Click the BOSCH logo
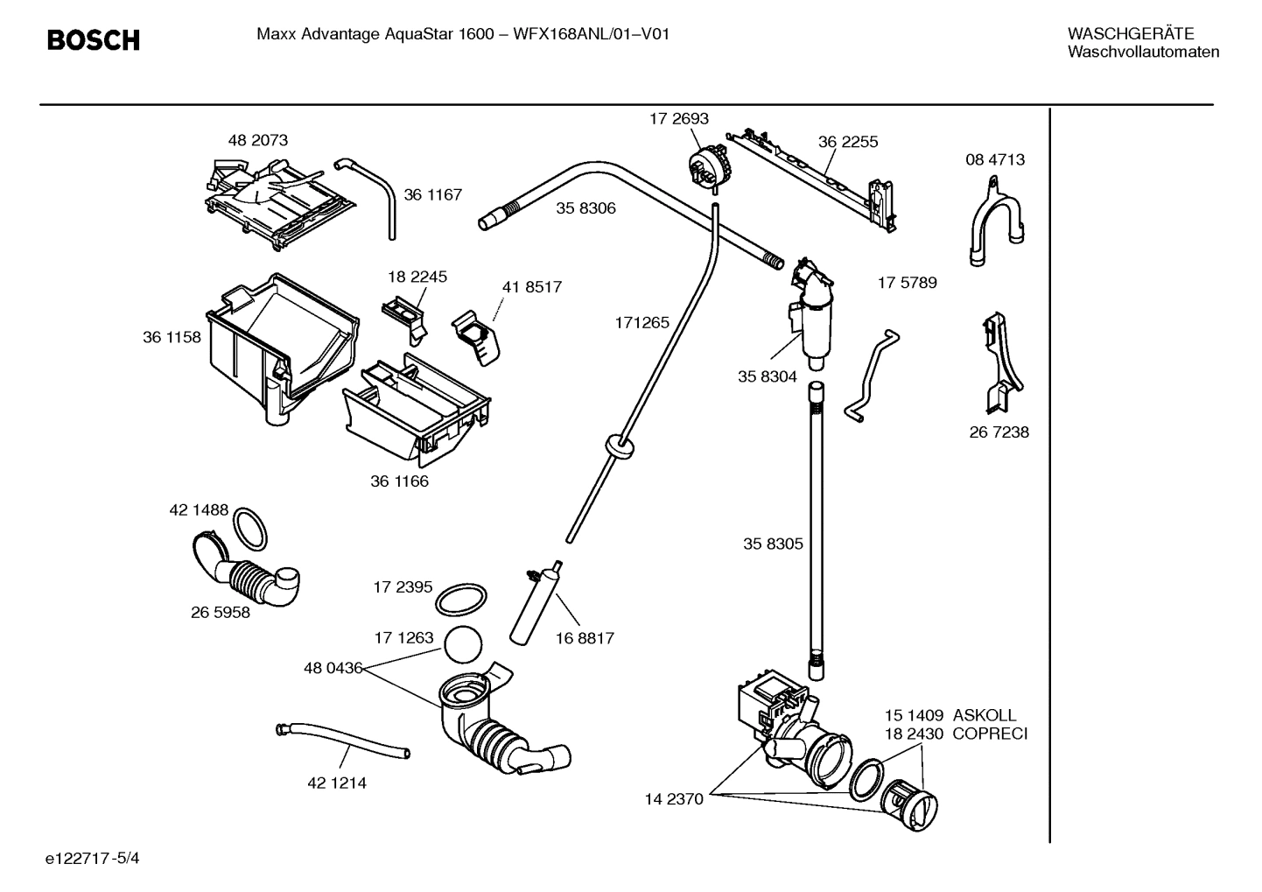tap(93, 40)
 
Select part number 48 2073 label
tap(257, 140)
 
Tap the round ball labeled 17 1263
tap(463, 646)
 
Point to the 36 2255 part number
tap(847, 142)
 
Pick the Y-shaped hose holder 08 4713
tap(994, 223)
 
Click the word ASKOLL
tap(985, 715)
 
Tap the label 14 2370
tap(674, 798)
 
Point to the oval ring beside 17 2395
tap(460, 601)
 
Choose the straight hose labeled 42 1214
tap(343, 741)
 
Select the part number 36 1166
tap(399, 481)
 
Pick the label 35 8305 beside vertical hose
tap(772, 544)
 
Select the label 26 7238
tap(999, 432)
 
